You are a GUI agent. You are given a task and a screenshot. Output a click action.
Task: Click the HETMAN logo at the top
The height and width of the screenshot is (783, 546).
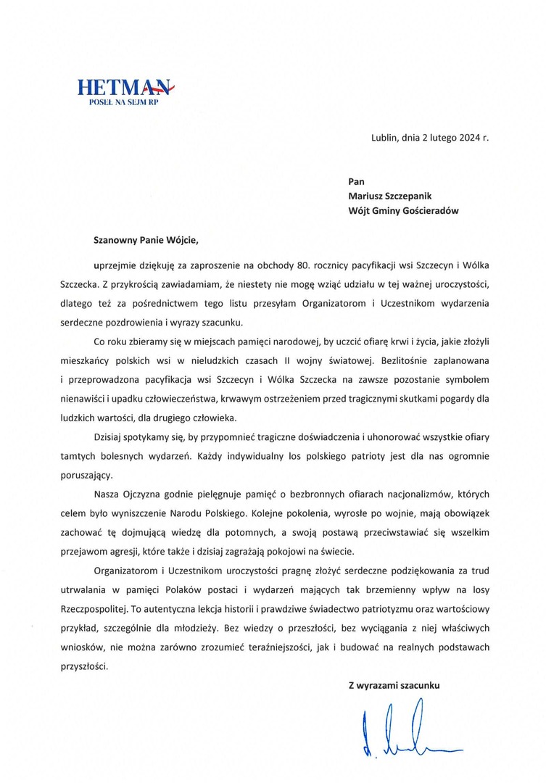[x=125, y=88]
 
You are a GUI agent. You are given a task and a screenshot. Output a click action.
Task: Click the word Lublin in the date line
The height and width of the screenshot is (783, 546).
[x=384, y=138]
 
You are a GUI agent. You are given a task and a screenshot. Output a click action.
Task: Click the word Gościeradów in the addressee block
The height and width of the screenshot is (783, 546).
[x=431, y=211]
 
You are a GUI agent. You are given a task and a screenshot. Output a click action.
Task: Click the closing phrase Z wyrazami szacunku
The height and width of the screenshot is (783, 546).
[x=394, y=684]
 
